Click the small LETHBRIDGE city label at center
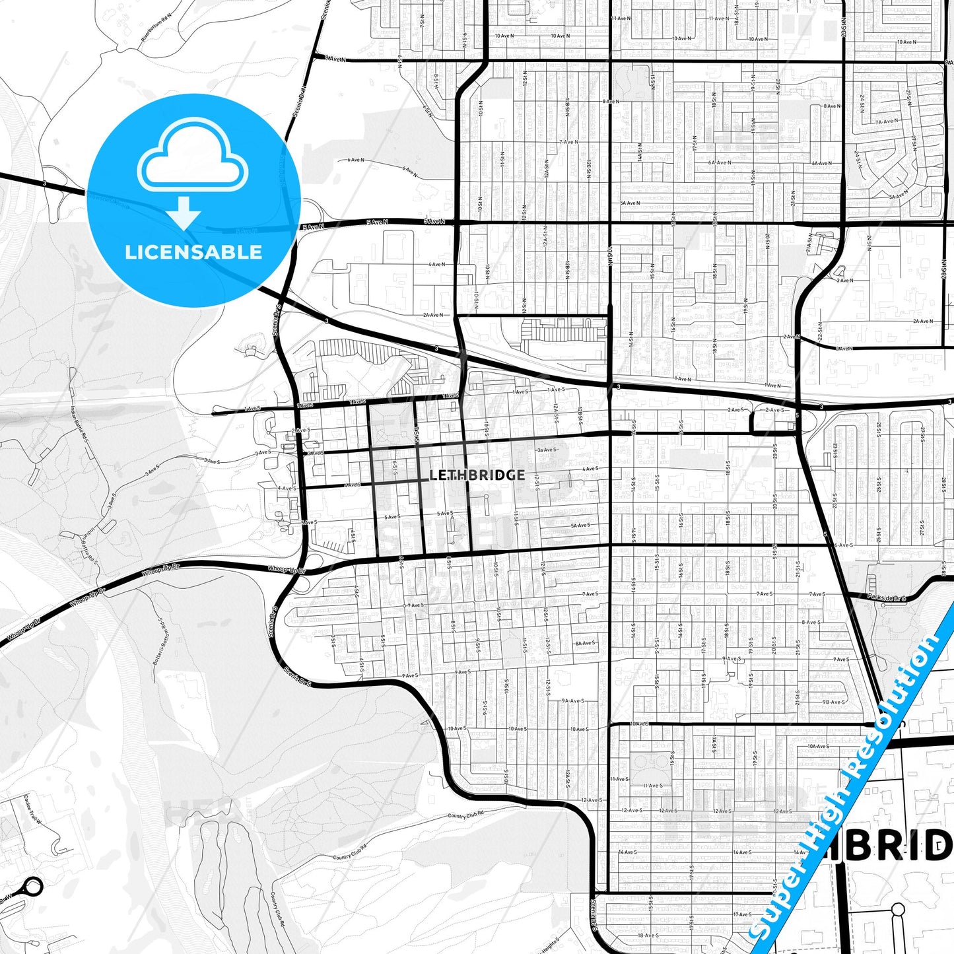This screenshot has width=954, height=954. click(477, 475)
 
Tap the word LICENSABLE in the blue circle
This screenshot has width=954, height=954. click(193, 252)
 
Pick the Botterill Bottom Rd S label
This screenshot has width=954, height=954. click(158, 640)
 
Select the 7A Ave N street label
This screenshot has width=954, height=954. click(887, 121)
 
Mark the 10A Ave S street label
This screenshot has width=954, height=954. click(817, 746)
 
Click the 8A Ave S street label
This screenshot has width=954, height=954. click(585, 642)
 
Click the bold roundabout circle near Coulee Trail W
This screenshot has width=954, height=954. click(32, 887)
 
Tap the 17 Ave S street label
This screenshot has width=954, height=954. click(742, 914)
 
